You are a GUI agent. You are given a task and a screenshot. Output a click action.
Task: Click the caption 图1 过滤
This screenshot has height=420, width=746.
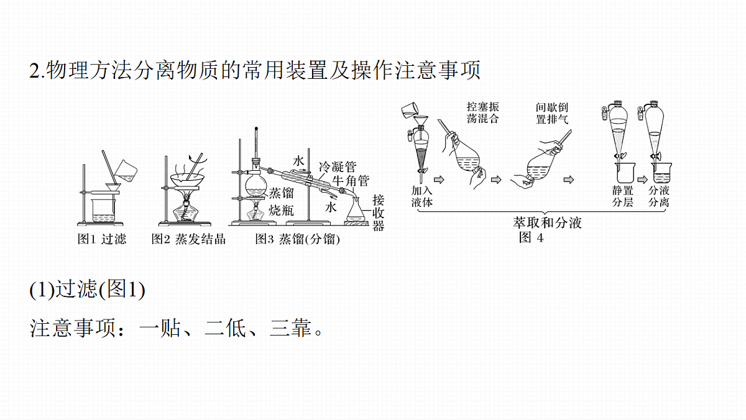[x=102, y=239]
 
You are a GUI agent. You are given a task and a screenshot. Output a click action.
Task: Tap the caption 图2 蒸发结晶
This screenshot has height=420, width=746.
[x=188, y=239]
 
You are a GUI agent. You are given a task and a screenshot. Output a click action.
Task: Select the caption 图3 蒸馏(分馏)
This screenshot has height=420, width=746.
[x=297, y=239]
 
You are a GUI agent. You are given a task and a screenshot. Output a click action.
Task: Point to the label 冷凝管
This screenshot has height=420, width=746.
[x=338, y=167]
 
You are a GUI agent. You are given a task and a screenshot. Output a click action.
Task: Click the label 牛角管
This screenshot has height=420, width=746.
[x=351, y=181]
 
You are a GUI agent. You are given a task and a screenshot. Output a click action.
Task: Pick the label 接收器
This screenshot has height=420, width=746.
[x=379, y=213]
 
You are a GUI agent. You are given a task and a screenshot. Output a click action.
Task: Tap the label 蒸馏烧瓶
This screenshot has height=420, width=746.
[x=282, y=202]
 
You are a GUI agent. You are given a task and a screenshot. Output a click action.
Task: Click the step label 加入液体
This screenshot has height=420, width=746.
[x=421, y=196]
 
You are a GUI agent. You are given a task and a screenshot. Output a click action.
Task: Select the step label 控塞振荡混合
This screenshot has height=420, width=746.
[x=483, y=113]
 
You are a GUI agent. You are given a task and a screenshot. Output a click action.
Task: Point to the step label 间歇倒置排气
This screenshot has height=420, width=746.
[x=552, y=113]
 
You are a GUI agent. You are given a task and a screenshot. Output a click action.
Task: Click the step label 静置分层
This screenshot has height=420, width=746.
[x=622, y=196]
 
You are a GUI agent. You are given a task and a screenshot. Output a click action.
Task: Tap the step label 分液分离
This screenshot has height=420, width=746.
[x=659, y=196]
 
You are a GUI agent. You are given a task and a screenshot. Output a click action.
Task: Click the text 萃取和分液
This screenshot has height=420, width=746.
[x=548, y=222]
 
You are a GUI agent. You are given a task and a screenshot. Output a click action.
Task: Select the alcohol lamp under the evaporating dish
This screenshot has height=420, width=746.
[x=185, y=210]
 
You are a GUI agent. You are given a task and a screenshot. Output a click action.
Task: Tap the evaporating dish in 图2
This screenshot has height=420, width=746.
[x=188, y=180]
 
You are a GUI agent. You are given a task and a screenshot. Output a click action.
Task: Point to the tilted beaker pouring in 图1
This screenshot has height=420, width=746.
[x=126, y=171]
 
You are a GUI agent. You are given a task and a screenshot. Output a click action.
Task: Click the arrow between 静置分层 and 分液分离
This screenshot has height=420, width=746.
[x=642, y=180]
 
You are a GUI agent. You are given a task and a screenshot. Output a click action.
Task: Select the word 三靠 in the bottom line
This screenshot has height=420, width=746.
[x=290, y=329]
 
